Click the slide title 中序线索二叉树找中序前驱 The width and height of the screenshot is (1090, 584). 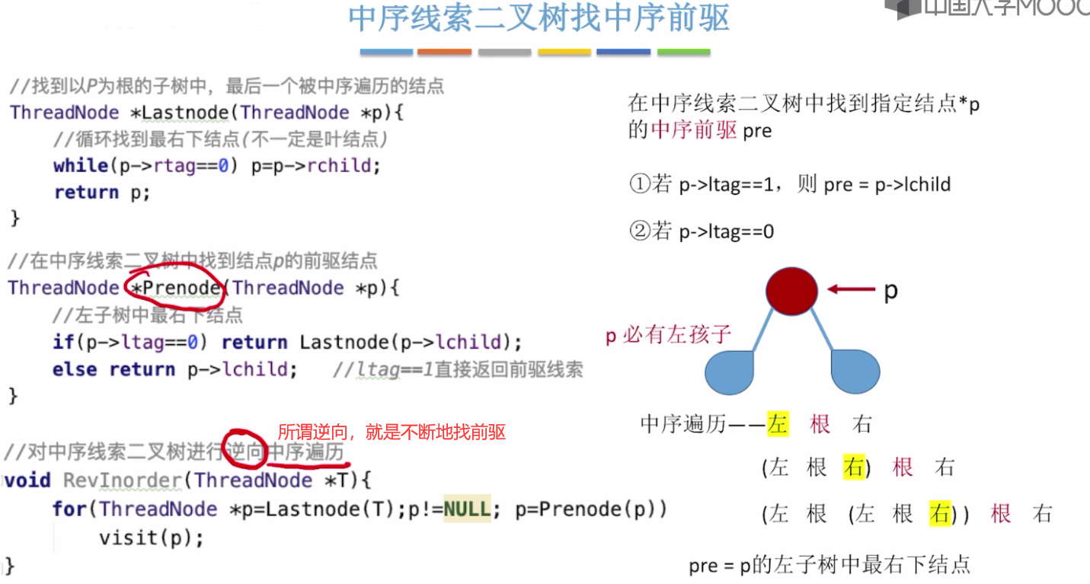[x=539, y=19]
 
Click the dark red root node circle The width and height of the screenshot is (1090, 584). [x=791, y=290]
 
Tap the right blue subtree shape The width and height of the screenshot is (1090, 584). [x=855, y=371]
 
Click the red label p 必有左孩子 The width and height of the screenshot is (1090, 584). [x=668, y=335]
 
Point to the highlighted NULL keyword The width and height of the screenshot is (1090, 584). [x=467, y=509]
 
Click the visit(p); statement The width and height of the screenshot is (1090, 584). [x=152, y=538]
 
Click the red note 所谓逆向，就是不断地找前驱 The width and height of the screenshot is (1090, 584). [x=391, y=432]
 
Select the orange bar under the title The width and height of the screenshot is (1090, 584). [x=444, y=52]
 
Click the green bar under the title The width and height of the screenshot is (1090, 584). [x=683, y=52]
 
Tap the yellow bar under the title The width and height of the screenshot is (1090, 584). [x=564, y=52]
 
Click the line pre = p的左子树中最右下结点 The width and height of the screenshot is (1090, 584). [x=829, y=565]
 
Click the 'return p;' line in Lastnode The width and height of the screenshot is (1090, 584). [x=102, y=193]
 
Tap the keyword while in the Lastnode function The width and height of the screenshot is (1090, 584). [x=80, y=165]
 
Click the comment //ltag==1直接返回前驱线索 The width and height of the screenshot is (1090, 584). [x=458, y=370]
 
